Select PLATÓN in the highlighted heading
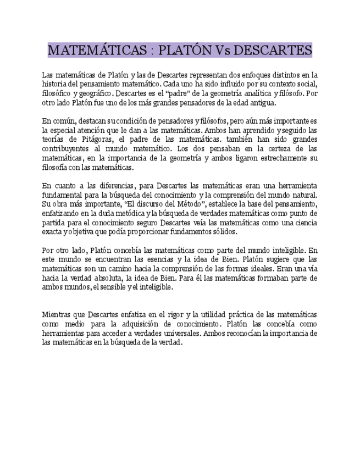(x=185, y=51)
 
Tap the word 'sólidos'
(x=256, y=231)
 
